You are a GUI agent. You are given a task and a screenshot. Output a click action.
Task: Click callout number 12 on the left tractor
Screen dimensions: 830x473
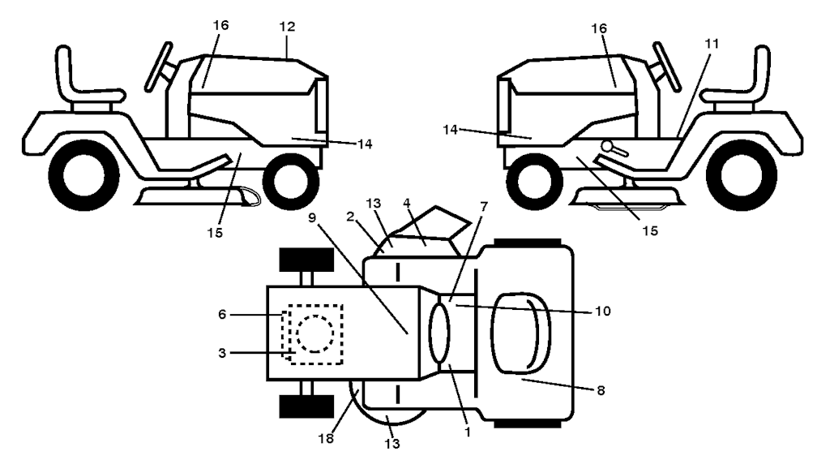tap(287, 27)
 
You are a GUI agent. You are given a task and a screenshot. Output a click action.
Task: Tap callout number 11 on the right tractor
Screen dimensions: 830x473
tap(712, 44)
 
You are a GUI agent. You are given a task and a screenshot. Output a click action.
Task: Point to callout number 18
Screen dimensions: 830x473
tap(326, 439)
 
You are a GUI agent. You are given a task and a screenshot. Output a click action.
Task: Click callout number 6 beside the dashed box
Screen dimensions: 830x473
tap(222, 315)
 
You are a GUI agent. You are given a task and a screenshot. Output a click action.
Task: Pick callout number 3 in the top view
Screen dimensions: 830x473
tap(222, 353)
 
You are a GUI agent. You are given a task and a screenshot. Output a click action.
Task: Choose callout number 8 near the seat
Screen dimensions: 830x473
tap(601, 390)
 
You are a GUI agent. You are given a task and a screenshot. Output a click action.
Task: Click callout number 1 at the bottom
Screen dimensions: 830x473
tap(468, 432)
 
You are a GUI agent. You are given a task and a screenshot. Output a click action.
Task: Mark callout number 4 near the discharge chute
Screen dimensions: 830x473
tap(407, 203)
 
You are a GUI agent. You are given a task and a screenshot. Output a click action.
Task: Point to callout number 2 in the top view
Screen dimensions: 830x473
tap(350, 216)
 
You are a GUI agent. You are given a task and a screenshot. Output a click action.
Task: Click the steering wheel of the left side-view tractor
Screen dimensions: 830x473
tap(159, 67)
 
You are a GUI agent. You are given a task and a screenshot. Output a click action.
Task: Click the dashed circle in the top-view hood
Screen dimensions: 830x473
tap(315, 334)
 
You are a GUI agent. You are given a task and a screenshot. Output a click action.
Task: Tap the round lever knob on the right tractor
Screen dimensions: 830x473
tap(606, 146)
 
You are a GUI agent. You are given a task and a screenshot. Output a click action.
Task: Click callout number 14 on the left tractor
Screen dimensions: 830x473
tap(365, 144)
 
